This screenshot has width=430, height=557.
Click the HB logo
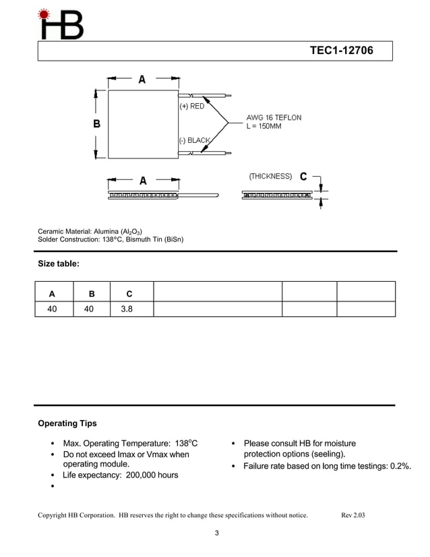[61, 24]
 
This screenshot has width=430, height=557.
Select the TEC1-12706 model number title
[341, 51]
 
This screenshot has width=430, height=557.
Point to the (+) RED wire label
[192, 107]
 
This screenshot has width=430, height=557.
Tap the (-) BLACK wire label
[195, 140]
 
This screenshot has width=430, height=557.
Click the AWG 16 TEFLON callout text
[274, 117]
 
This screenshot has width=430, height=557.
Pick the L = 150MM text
[264, 126]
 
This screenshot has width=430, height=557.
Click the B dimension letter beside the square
[96, 123]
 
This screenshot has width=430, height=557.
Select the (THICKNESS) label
[270, 176]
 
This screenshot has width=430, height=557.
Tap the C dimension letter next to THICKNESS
[303, 177]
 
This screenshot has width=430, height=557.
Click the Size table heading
[59, 264]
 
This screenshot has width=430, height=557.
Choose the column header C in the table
[129, 293]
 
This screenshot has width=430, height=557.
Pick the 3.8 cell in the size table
[127, 309]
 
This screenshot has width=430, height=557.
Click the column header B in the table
[92, 293]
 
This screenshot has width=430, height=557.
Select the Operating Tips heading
[67, 423]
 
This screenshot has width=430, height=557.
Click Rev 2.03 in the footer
[353, 515]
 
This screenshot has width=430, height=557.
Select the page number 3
[216, 534]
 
